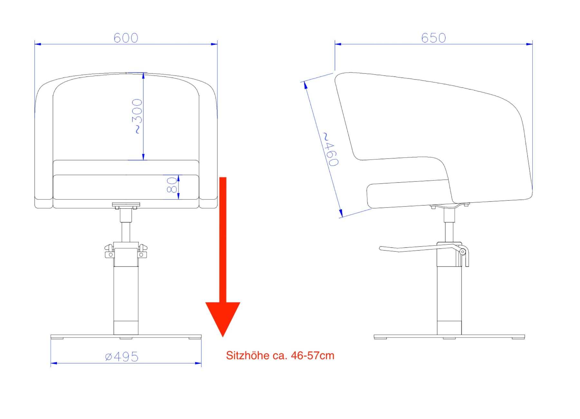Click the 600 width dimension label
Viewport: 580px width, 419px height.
(x=126, y=38)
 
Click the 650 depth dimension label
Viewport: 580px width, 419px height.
(x=434, y=38)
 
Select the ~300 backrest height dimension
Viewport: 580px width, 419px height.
(x=137, y=116)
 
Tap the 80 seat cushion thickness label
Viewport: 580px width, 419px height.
(x=172, y=185)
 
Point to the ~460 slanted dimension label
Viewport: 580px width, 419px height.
(x=331, y=149)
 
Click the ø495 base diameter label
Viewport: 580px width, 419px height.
(x=122, y=356)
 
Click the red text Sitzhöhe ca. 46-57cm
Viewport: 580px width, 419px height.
(x=280, y=356)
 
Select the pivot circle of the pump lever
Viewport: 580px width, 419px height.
(x=462, y=252)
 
